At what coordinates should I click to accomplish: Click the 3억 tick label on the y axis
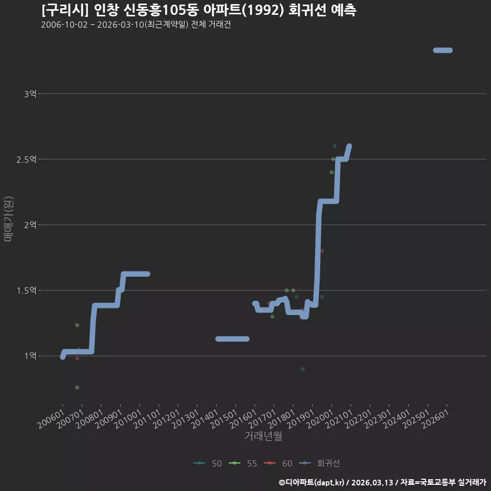point(30,94)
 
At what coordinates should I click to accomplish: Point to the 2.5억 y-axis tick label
point(26,160)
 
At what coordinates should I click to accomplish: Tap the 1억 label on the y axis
point(30,356)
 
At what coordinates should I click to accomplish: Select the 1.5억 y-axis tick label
point(26,291)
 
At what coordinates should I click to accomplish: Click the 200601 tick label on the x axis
point(51,419)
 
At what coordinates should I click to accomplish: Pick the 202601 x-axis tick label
point(436,419)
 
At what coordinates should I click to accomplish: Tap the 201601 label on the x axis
point(243,419)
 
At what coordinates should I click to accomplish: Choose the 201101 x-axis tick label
point(147,419)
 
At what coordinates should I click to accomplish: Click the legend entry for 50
point(208,463)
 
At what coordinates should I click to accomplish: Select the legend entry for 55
point(243,463)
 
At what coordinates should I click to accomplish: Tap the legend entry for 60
point(278,463)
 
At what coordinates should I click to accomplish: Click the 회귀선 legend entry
point(319,463)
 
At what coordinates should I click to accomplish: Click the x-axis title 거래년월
point(263,436)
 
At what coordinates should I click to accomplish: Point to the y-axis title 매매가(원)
point(8,219)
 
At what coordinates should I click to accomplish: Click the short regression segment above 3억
point(443,50)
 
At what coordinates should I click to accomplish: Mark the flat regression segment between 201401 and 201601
point(232,339)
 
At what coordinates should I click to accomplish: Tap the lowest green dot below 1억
point(77,387)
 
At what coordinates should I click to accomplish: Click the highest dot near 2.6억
point(334,146)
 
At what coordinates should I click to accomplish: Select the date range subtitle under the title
point(136,25)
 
